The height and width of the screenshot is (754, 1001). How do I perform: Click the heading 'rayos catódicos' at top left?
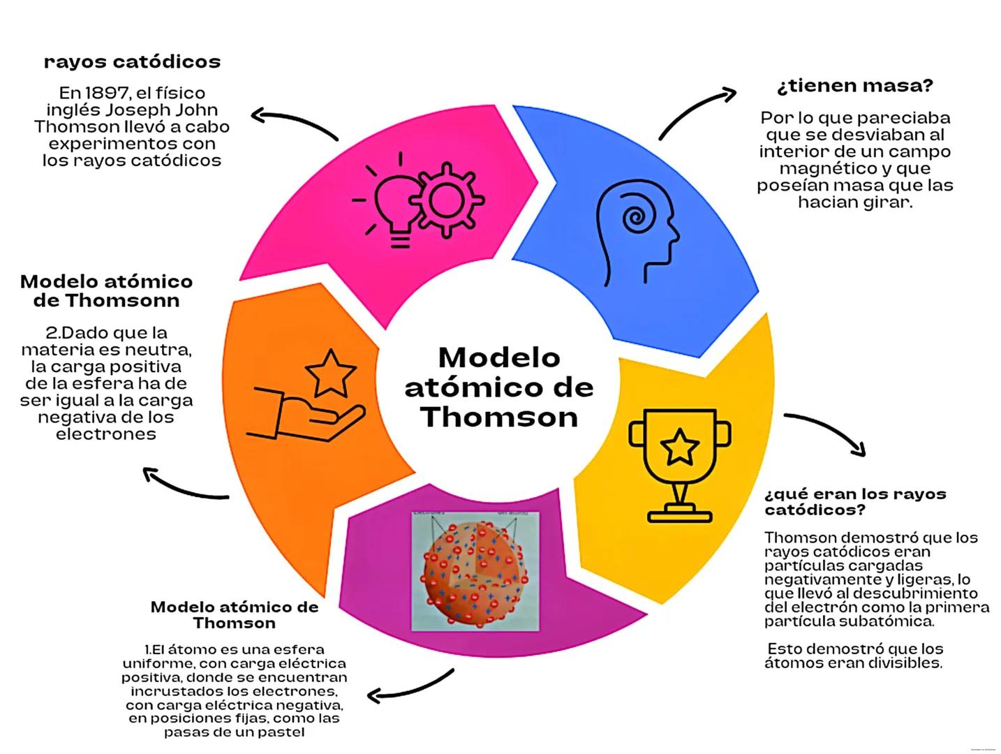pyautogui.click(x=132, y=62)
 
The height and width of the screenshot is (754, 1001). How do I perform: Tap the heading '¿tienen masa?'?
pyautogui.click(x=854, y=86)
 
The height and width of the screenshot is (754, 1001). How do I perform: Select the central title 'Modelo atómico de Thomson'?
pyautogui.click(x=499, y=387)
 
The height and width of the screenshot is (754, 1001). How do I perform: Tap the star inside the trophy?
pyautogui.click(x=679, y=448)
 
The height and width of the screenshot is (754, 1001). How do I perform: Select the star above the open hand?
pyautogui.click(x=330, y=372)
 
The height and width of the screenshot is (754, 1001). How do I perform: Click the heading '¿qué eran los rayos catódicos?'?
pyautogui.click(x=854, y=502)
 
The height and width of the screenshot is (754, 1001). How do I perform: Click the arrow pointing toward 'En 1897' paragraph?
pyautogui.click(x=293, y=122)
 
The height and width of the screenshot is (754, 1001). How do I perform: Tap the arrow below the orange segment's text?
pyautogui.click(x=184, y=486)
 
